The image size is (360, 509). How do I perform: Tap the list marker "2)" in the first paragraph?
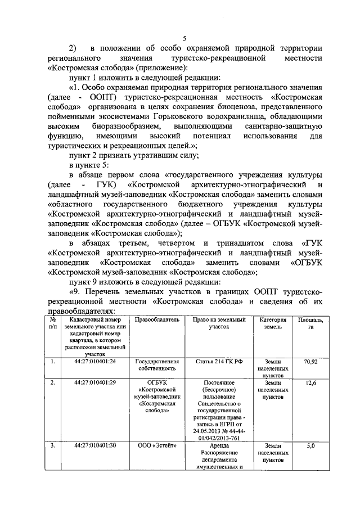tap(73, 48)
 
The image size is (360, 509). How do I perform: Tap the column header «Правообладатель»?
tap(158, 319)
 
